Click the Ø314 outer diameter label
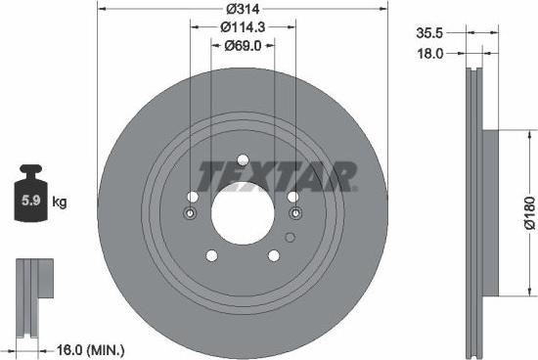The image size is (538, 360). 244,9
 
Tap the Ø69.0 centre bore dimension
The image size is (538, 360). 244,45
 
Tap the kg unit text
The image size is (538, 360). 59,202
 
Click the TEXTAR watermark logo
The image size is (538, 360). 277,176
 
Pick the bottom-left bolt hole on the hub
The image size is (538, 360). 211,256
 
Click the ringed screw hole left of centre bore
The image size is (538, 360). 191,213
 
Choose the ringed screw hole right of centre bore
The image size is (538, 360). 294,213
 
